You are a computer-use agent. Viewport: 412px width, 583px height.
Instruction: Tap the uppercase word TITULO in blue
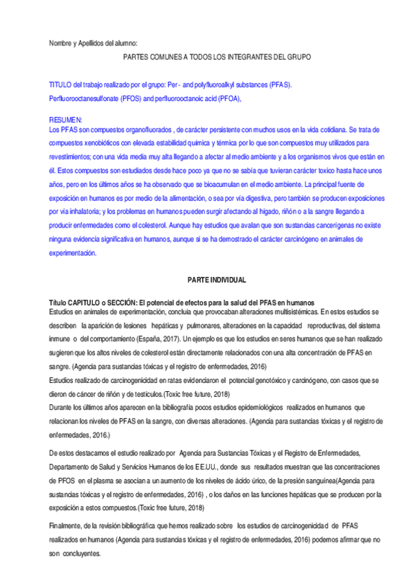point(61,85)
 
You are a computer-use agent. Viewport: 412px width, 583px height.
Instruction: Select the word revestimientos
point(72,156)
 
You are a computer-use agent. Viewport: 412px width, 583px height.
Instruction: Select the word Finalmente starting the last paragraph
point(67,525)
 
